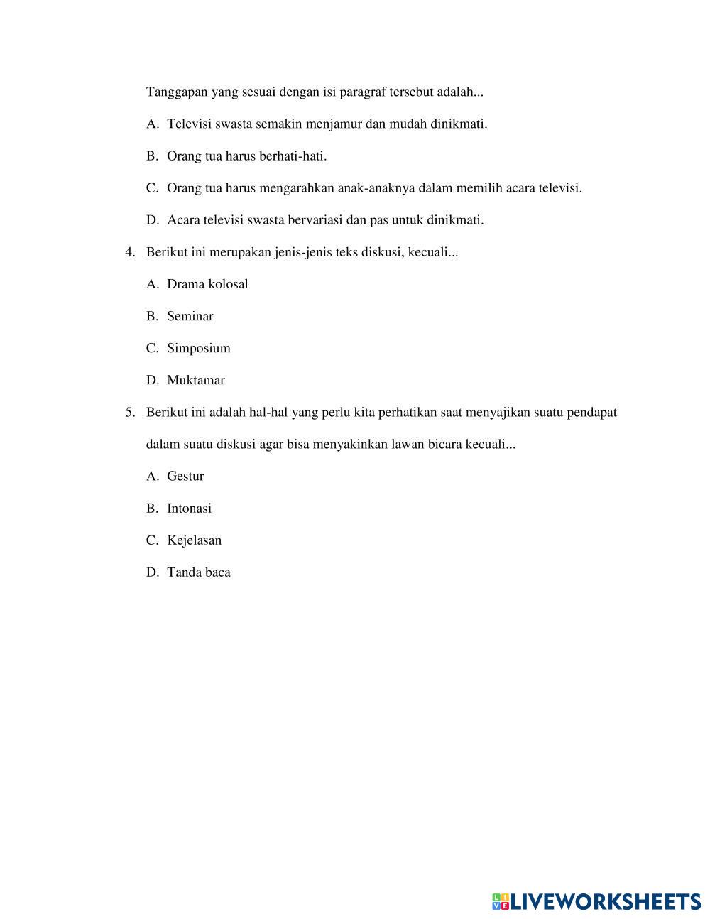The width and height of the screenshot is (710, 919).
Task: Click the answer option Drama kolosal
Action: point(207,284)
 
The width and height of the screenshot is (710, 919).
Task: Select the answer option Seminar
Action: point(190,316)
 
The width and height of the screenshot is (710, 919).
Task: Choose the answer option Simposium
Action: point(199,348)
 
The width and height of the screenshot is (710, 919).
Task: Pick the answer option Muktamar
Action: point(196,380)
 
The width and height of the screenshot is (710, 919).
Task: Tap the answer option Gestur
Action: point(185,477)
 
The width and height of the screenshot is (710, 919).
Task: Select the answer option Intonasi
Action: point(189,509)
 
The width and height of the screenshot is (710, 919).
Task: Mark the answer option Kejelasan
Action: point(195,540)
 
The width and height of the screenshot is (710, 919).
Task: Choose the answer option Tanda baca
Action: point(199,572)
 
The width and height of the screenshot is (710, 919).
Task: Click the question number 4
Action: point(129,252)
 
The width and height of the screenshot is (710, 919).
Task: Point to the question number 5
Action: point(129,413)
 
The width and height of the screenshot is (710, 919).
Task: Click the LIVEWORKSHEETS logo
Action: point(596,901)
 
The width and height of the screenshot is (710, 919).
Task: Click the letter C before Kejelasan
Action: point(151,540)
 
